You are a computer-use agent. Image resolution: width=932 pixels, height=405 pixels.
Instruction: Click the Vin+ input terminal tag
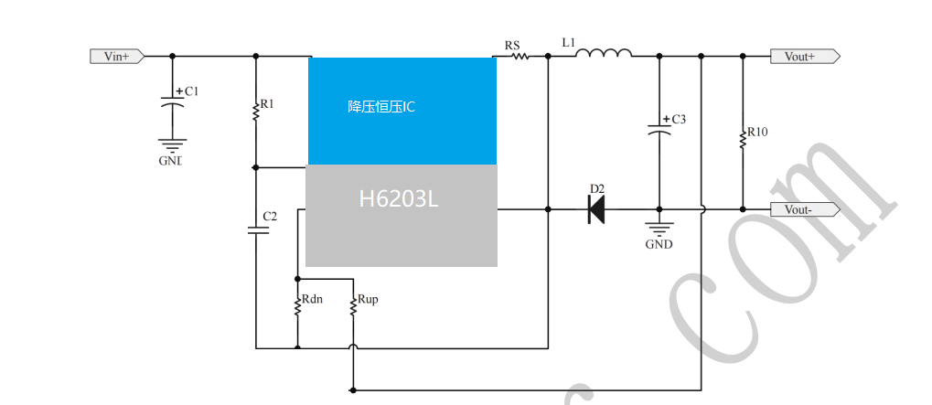pos(117,56)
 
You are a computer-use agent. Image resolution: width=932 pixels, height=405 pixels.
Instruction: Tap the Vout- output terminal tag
pos(803,209)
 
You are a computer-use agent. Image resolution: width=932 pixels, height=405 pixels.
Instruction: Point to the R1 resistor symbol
pos(256,111)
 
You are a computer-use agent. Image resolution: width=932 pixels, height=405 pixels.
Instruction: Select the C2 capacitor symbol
pos(256,229)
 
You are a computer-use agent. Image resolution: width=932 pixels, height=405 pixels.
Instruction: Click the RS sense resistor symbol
pos(520,56)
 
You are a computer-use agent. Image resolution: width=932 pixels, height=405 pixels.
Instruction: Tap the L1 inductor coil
pos(603,53)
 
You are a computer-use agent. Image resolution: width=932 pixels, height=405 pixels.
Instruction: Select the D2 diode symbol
pos(595,209)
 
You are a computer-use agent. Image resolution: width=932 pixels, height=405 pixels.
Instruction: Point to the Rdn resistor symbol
pos(296,306)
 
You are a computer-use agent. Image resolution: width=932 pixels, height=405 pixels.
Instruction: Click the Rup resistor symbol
pos(352,306)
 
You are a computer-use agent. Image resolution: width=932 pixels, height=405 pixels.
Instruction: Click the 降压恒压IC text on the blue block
pos(381,107)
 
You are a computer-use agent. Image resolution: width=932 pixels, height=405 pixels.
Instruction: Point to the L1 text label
pos(568,42)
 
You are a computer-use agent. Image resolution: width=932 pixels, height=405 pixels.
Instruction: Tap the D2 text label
pos(596,189)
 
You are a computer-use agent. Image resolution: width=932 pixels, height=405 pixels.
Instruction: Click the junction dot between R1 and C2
pos(256,167)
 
